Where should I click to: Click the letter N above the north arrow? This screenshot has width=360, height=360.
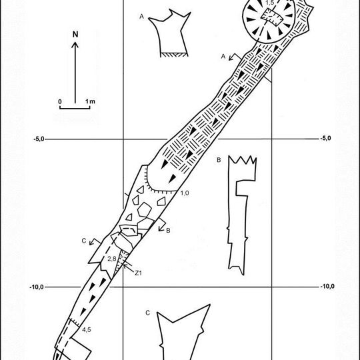point(75,35)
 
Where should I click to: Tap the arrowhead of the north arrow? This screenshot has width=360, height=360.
point(75,45)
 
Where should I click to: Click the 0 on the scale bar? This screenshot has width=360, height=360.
point(60,101)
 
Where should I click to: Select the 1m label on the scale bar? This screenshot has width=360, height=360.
point(90,101)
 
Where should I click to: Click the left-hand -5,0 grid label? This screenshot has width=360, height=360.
point(39,139)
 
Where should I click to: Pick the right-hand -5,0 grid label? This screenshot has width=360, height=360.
point(325,138)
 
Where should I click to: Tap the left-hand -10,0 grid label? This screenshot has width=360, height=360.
point(37,287)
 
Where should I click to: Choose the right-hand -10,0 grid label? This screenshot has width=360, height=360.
point(327,287)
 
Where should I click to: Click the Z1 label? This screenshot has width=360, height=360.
point(138,273)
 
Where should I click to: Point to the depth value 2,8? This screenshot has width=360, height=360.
point(112,259)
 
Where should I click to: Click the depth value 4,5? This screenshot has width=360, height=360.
point(87,330)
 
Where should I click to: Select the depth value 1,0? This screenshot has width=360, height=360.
point(185,193)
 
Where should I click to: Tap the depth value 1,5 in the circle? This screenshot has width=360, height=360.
point(270,3)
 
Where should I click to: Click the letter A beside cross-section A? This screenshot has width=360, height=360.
point(141,17)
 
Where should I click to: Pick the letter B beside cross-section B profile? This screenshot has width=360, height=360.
point(219,160)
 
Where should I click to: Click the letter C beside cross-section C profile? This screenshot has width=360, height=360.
point(148,313)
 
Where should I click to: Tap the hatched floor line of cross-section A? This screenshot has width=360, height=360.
point(174,55)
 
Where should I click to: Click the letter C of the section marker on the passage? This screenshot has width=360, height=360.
point(84,241)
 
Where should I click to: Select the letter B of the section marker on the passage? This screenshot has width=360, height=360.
point(168,230)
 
